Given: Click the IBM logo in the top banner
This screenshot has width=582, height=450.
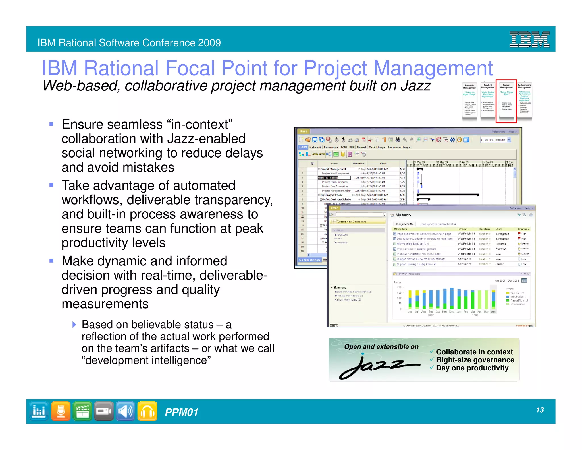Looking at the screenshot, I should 529,39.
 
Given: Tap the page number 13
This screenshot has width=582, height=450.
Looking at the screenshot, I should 540,410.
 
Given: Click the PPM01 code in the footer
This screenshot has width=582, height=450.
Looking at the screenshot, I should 181,412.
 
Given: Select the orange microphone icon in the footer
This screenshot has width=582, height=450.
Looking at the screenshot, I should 61,411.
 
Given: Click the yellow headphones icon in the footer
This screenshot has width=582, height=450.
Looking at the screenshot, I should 147,411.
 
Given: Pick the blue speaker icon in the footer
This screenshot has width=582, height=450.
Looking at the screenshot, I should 125,411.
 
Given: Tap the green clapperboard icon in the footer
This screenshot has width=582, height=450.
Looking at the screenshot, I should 82,411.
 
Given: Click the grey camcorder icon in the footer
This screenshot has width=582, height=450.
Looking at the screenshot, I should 104,411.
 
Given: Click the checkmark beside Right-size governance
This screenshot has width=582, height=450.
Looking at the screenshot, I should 432,359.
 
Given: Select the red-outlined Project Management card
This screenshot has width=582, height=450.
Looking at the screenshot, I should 506,101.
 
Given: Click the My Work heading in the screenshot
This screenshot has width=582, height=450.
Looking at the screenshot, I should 403,215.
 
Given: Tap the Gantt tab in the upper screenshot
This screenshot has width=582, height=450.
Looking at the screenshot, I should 303,147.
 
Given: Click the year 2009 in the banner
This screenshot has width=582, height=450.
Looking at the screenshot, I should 209,43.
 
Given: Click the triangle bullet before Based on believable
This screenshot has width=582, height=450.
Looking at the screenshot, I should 74,325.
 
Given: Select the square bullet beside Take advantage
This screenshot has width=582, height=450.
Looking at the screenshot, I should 51,185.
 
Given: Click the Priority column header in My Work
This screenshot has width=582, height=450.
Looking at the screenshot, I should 523,229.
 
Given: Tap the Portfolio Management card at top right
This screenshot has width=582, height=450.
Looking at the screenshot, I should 469,101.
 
